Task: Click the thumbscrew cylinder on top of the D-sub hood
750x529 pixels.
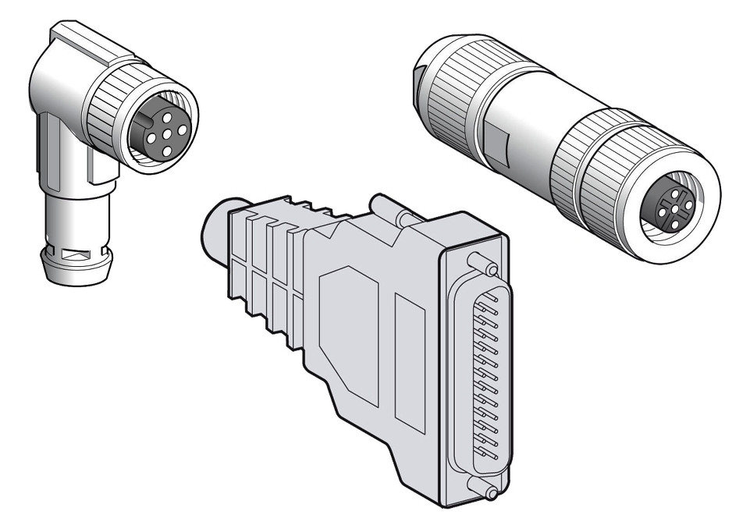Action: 390,210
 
